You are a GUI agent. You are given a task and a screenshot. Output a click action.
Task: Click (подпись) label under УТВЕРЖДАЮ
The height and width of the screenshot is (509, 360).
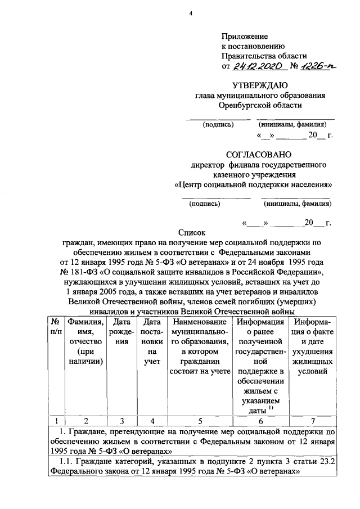(x=218, y=125)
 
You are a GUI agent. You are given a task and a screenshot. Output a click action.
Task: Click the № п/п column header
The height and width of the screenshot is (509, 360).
(x=56, y=332)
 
